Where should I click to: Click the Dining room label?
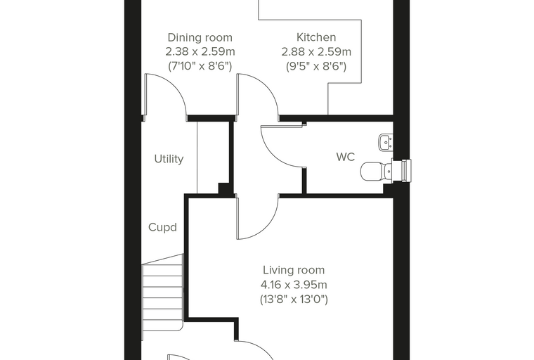tap(200, 37)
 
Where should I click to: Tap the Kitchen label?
tap(316, 37)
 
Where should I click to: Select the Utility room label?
tap(169, 159)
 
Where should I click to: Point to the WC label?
tap(345, 157)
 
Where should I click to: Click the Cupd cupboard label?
tap(162, 227)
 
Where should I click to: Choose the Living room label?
tap(294, 270)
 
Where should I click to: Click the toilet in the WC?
tap(376, 171)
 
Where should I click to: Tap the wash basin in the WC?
tap(386, 142)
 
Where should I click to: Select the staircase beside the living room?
tap(162, 297)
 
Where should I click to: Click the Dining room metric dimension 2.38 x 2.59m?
tap(200, 51)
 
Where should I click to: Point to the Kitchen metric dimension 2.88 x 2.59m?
tap(316, 51)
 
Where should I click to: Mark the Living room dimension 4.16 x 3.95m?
tap(294, 284)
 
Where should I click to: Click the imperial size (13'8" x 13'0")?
tap(294, 300)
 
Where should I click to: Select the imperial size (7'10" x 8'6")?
tap(200, 66)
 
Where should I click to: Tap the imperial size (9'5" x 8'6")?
tap(316, 66)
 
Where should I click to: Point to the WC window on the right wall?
tap(406, 170)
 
